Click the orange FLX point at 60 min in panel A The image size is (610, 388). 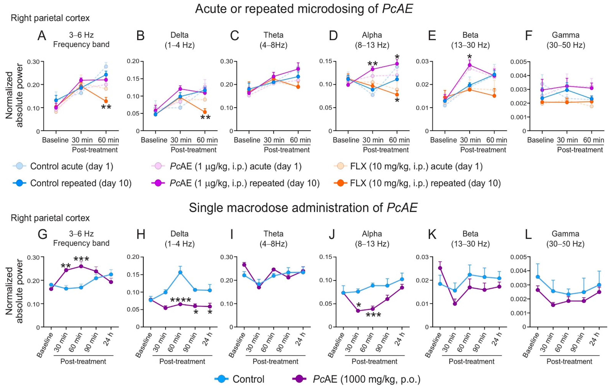106,101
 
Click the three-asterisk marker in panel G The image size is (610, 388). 81,259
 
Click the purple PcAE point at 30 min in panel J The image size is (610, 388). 358,311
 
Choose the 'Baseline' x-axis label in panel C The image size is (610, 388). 247,140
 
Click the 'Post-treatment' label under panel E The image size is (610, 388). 483,150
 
